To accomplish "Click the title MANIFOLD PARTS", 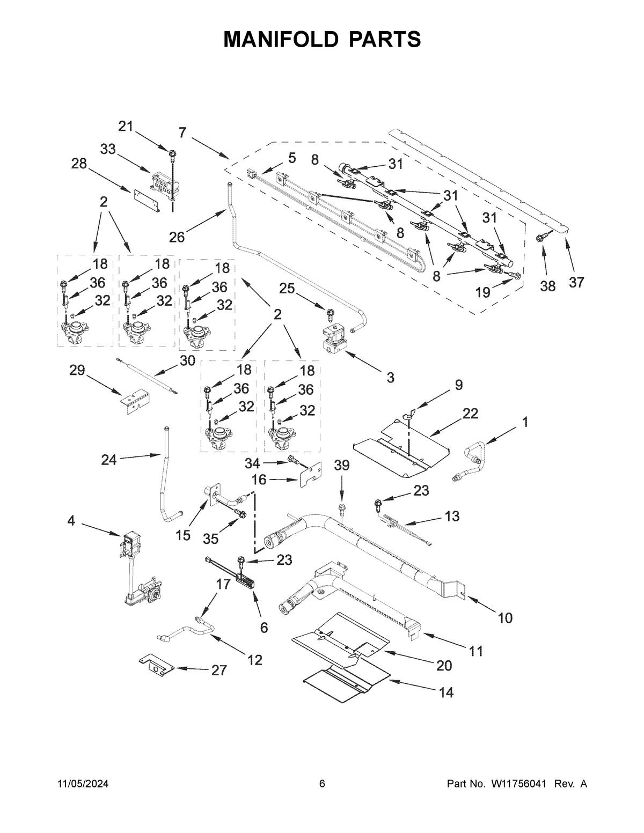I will point(322,39).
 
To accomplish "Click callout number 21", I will point(125,126).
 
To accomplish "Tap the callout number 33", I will point(108,149).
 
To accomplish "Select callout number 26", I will point(177,237).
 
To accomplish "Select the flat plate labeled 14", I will point(343,681).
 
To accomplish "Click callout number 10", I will point(504,618).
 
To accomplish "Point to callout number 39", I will point(341,466).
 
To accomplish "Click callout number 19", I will point(483,292).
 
